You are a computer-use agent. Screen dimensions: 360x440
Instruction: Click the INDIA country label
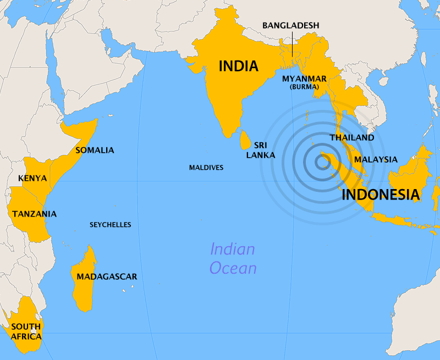[238, 67]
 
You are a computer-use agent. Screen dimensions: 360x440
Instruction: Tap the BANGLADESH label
[290, 25]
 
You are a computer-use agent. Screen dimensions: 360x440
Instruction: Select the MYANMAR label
[304, 78]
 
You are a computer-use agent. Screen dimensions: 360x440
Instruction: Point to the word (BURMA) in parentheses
[304, 87]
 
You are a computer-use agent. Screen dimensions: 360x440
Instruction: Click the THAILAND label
[351, 137]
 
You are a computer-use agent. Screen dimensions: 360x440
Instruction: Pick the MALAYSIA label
[376, 159]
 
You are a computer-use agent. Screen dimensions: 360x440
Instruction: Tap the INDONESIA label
[381, 195]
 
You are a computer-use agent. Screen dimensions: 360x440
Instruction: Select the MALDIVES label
[206, 167]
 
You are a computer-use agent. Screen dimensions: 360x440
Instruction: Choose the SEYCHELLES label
[111, 224]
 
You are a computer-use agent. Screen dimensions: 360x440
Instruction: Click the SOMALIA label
[95, 150]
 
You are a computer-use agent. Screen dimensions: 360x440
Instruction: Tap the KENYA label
[32, 178]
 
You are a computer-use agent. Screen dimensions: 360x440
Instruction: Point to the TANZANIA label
[35, 213]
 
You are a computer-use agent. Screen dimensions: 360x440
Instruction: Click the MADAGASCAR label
[107, 276]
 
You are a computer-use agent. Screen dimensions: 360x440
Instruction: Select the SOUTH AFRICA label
[26, 331]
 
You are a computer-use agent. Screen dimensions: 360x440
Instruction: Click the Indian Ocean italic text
[233, 258]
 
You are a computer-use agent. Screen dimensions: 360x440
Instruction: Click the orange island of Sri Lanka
[244, 140]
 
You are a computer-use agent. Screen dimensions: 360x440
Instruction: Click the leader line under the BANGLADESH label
[292, 40]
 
